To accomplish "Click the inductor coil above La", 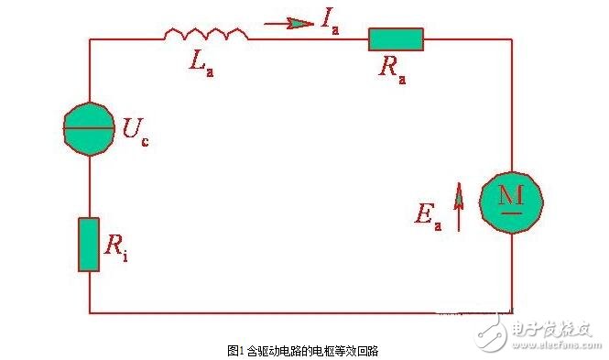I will coord(206,35).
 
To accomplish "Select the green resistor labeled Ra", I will coord(396,38).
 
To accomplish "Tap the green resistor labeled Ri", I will coord(89,244).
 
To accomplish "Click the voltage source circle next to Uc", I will coord(89,128).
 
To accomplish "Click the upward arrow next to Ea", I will coord(459,210).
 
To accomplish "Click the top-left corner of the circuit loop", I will coord(89,38).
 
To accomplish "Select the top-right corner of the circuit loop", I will coord(512,38).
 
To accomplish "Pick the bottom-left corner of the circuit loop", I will coord(89,311).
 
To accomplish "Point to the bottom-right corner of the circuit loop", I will coord(512,311).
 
